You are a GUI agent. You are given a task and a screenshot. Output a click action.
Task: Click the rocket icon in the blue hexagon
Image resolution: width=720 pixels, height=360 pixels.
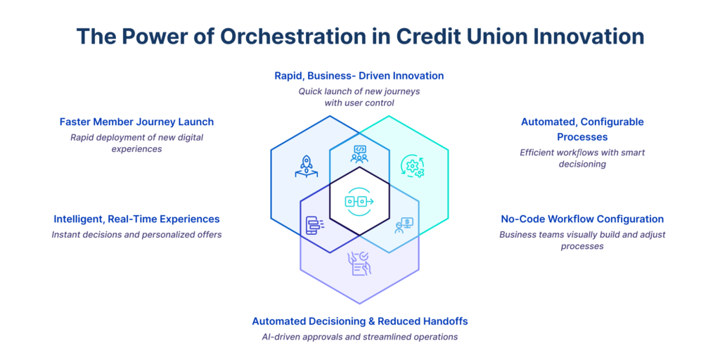click(x=306, y=167)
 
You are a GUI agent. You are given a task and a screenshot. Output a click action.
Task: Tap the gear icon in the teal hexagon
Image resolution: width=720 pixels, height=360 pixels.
click(x=413, y=167)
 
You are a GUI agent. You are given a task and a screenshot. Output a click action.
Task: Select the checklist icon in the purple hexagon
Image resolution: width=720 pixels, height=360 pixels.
click(x=361, y=263)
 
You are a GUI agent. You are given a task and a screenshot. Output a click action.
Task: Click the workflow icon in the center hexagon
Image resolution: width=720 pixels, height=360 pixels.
click(x=359, y=202)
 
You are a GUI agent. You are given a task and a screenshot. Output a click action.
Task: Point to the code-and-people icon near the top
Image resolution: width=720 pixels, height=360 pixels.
click(x=359, y=153)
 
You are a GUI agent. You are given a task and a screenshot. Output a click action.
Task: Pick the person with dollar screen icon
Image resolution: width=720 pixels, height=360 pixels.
click(x=404, y=225)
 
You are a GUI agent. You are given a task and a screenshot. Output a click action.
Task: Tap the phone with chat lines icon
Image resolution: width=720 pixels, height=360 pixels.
click(x=314, y=225)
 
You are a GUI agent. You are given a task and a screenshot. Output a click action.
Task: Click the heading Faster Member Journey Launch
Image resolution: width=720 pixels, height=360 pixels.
click(x=136, y=122)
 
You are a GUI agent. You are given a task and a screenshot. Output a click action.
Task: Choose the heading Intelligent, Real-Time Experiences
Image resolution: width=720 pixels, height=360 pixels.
click(x=136, y=219)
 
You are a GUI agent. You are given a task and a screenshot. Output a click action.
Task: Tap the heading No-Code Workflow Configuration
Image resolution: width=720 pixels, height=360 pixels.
click(x=582, y=219)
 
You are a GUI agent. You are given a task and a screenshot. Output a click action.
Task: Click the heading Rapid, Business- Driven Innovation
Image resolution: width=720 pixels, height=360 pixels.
click(x=359, y=75)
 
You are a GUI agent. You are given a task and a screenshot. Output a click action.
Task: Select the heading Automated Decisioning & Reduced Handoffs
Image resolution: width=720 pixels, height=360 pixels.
click(x=359, y=321)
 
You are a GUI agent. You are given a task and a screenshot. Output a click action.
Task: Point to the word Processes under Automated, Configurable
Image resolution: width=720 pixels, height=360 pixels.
click(x=582, y=136)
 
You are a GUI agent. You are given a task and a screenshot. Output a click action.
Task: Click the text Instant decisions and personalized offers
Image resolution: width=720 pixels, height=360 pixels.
click(x=136, y=234)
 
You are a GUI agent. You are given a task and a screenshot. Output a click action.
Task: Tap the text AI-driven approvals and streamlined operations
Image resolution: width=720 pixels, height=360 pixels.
click(x=359, y=337)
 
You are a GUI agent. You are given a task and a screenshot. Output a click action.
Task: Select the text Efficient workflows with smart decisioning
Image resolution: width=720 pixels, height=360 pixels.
click(x=582, y=158)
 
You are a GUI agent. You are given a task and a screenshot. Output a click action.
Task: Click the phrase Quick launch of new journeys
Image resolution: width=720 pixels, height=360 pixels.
click(x=359, y=91)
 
